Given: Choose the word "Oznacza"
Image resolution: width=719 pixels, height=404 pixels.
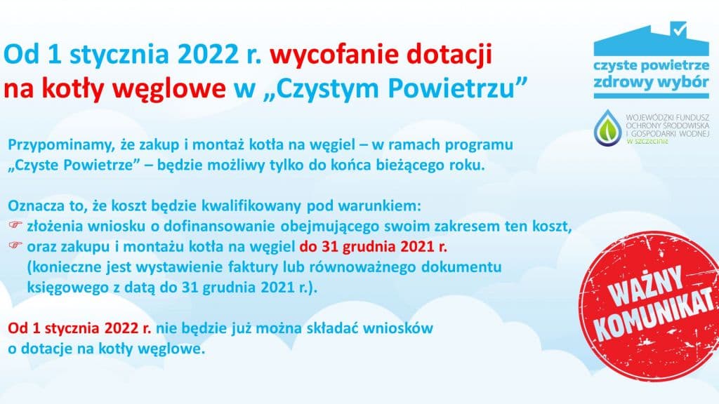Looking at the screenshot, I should click(35, 207).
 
